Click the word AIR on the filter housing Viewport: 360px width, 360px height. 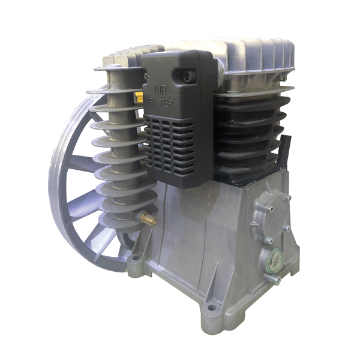coord(160,90)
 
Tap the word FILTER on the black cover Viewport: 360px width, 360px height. coord(161,103)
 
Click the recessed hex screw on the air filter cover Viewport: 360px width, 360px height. coord(187,76)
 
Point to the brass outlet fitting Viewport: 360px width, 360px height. coord(149,218)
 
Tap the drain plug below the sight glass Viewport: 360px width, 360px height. coord(276,280)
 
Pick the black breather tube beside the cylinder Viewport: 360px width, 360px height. coord(286,151)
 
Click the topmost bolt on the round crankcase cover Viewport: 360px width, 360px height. coord(287,197)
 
